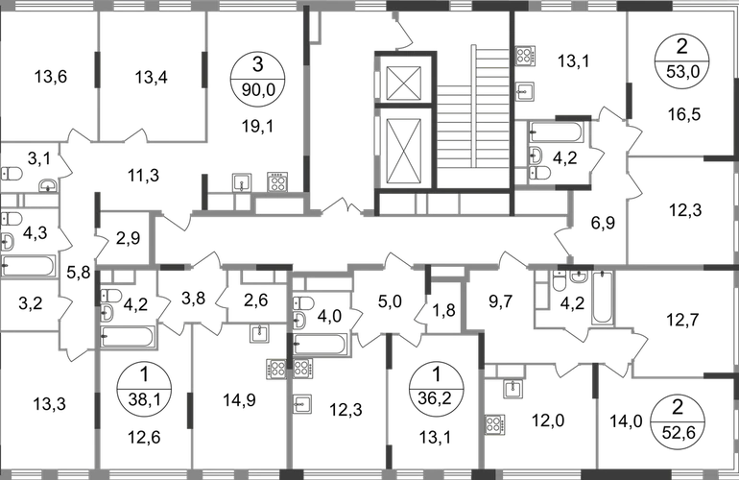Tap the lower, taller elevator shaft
click(403, 152)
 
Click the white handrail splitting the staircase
click(472, 106)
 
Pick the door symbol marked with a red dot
click(580, 335)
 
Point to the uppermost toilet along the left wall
click(13, 172)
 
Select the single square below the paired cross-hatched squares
click(304, 404)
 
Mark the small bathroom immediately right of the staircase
click(557, 149)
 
